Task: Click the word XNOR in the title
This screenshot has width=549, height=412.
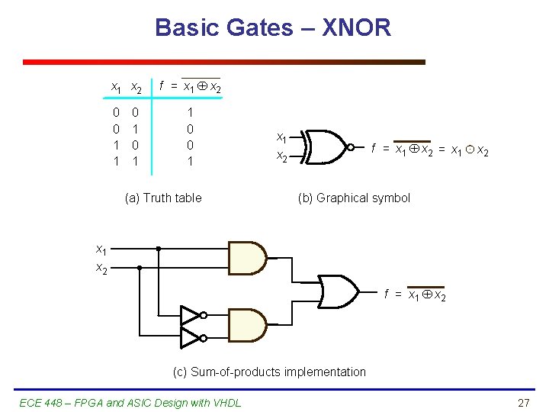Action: [x=357, y=28]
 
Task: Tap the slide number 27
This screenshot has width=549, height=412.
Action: [x=523, y=402]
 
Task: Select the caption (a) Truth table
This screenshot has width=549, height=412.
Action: [x=163, y=198]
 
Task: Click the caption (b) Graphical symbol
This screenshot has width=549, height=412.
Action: [x=354, y=198]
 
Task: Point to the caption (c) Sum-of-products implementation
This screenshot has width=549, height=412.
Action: [x=269, y=372]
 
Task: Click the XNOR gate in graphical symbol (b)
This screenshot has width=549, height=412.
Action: [x=326, y=146]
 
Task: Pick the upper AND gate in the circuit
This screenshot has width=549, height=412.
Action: [x=247, y=257]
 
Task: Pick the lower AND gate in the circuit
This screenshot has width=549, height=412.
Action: [x=247, y=325]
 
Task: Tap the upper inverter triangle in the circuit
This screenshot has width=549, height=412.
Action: [x=191, y=314]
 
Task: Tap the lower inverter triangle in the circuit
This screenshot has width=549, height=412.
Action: [x=191, y=336]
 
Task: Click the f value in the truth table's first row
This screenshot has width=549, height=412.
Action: [x=190, y=111]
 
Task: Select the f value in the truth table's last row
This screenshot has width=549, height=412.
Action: [x=190, y=161]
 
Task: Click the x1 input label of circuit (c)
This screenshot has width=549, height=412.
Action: [x=101, y=249]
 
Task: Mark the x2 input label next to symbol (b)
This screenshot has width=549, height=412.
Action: [x=281, y=156]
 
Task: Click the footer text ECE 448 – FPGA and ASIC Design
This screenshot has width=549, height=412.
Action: [x=129, y=402]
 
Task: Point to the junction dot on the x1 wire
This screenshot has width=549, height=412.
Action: [x=159, y=249]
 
